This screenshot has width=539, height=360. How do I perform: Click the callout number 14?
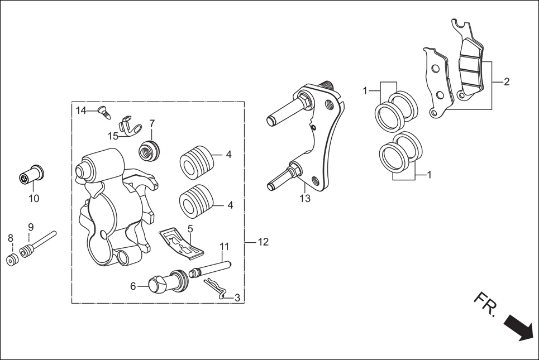[82, 111]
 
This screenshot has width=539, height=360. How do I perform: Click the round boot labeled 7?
[149, 150]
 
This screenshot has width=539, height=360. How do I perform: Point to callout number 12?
[263, 242]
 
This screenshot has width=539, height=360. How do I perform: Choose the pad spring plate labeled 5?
[182, 243]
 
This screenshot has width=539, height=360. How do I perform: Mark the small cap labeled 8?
[11, 260]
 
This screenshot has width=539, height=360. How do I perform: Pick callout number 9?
[31, 227]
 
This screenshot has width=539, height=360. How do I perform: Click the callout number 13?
[304, 198]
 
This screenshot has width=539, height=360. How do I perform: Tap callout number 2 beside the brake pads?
[506, 82]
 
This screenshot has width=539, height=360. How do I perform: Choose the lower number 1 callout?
[429, 175]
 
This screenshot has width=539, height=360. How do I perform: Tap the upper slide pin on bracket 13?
[287, 111]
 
